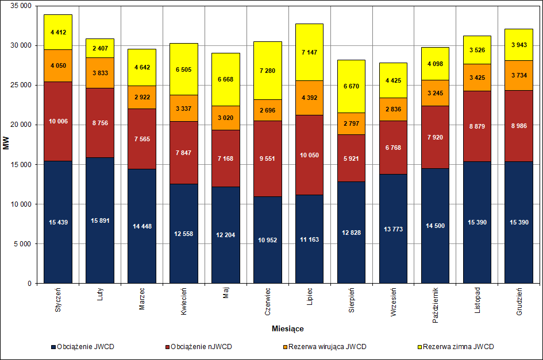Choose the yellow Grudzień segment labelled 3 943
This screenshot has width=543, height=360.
pos(519,45)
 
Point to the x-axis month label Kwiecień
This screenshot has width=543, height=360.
pos(183,301)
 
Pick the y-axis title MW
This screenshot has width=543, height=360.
pos(6,144)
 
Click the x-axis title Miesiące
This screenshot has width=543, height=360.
pos(288,329)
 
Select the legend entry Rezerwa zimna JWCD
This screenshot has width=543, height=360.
pos(457,347)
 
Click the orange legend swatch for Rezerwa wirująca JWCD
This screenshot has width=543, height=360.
pos(284,347)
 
